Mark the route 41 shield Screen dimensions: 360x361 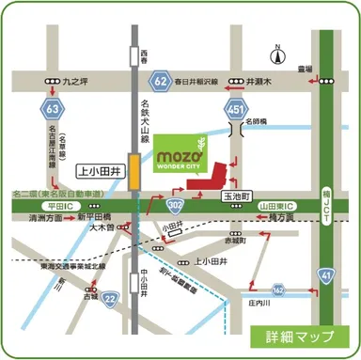coord(325,275)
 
